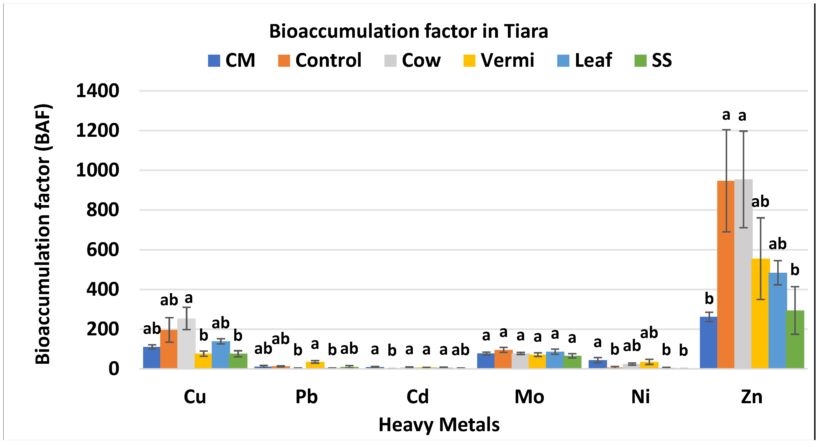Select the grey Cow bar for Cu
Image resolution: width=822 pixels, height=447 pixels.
point(186,343)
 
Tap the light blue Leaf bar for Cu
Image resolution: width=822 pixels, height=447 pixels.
point(221,355)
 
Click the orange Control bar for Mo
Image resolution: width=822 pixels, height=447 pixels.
point(504,359)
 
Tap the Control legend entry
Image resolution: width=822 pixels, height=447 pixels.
point(320,60)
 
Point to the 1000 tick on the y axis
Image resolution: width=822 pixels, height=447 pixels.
point(97,170)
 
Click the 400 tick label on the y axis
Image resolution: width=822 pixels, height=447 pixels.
point(102,289)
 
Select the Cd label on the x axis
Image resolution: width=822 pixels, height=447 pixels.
point(417,397)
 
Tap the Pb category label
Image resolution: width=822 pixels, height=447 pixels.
point(306,397)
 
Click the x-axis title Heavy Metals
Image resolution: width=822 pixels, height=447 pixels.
point(439,425)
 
